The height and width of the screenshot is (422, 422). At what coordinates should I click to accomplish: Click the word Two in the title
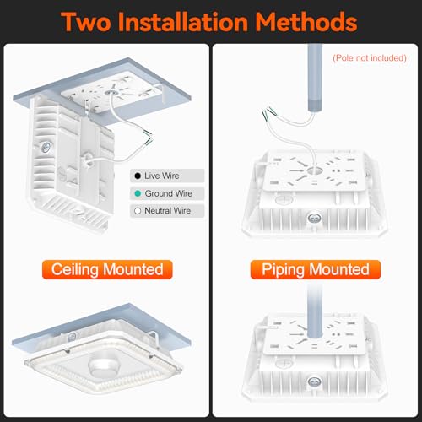point(86,22)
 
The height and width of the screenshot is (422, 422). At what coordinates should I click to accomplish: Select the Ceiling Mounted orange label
point(107,269)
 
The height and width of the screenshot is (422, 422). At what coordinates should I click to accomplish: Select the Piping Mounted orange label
point(316,269)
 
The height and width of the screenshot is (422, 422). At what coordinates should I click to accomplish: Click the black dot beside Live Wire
point(138,176)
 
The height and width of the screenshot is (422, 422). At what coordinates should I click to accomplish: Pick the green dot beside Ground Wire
point(138,193)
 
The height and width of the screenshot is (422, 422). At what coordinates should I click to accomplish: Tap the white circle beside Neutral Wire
point(138,211)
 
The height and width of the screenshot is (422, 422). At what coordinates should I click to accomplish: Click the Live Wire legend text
point(162,176)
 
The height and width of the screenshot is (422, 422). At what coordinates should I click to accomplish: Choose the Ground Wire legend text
point(169,193)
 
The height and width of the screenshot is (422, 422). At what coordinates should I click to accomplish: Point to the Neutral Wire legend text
point(168,211)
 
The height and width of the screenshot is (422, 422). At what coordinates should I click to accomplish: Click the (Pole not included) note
point(370,58)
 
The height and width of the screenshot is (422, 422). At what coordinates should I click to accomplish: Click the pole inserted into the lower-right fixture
point(315,311)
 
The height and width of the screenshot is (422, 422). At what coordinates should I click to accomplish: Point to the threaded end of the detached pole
point(315,105)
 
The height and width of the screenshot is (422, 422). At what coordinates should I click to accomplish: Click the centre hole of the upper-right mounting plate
point(315,170)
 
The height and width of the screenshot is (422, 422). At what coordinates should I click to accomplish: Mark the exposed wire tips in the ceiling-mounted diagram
point(148,137)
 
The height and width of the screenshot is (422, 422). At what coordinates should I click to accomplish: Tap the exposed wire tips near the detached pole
point(269,113)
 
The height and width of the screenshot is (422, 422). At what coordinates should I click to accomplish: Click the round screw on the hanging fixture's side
point(46,147)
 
